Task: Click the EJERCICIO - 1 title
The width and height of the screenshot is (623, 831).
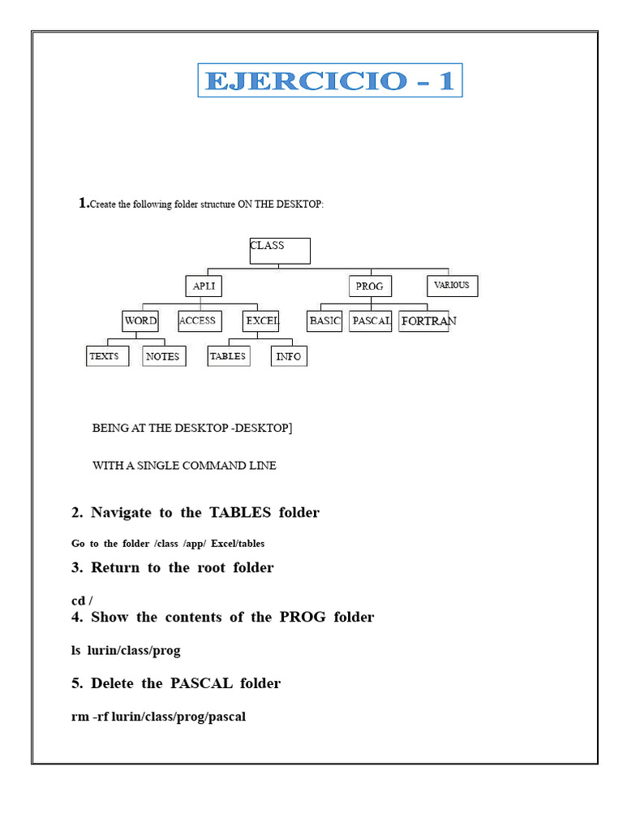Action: coord(329,80)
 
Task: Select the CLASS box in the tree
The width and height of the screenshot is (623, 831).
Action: coord(280,251)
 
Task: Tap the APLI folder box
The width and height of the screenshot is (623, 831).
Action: coord(203,286)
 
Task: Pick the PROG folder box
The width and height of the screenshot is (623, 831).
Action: coord(370,286)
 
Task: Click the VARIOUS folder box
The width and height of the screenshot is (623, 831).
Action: coord(452,286)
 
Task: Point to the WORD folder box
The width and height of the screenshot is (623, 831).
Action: coord(140,321)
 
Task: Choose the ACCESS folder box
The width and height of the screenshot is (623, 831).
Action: coord(197,321)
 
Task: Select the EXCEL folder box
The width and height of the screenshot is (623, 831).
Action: coord(261,321)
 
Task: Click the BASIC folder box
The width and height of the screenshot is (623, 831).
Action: coord(324,321)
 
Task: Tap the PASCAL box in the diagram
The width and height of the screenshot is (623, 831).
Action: coord(371,321)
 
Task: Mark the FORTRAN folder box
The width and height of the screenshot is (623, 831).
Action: coord(425,321)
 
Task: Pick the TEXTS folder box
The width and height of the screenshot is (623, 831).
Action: coord(107,356)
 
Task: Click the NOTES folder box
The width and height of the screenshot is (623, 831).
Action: coord(163,356)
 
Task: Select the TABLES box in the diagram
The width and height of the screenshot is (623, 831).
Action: coord(228,356)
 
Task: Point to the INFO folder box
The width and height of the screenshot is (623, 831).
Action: coord(289,356)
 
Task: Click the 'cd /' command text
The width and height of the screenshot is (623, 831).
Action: coord(82,601)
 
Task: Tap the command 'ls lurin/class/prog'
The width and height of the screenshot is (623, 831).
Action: coord(126,650)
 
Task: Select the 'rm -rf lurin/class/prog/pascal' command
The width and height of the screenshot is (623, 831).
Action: coord(158,717)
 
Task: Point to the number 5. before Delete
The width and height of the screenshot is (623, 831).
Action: coord(77,683)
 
